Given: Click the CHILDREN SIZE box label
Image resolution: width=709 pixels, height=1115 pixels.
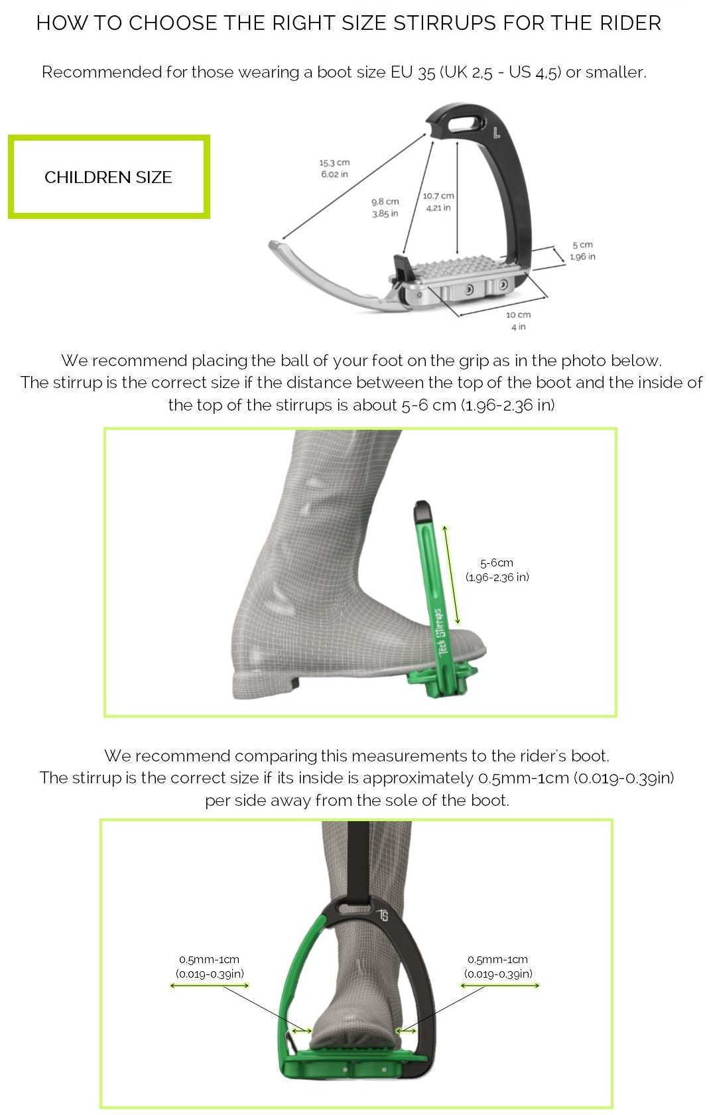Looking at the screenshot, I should (108, 177).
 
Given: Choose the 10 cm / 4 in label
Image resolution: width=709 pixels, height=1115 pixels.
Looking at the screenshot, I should (518, 320).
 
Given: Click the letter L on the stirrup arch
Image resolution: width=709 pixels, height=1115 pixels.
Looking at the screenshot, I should (497, 132).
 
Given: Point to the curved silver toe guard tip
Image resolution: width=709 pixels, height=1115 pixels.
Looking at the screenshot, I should (279, 246).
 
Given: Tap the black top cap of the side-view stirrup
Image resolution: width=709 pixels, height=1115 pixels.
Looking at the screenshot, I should (422, 511).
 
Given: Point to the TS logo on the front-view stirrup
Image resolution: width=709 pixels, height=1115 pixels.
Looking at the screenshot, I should (383, 916).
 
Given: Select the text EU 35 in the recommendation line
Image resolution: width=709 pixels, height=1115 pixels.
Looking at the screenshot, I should (413, 72).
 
